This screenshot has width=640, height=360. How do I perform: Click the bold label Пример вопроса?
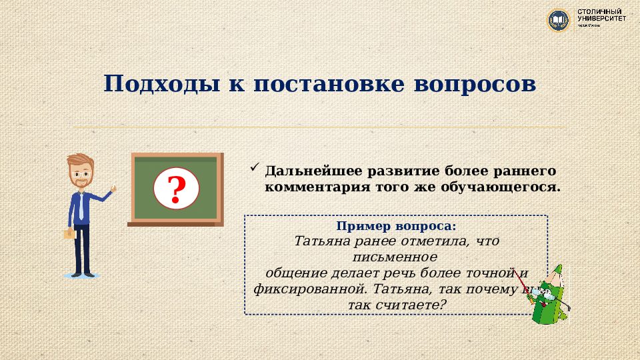click(x=397, y=227)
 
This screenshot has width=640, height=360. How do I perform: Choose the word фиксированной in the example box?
click(x=309, y=289)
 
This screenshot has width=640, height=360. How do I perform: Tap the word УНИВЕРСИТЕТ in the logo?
click(x=601, y=19)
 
